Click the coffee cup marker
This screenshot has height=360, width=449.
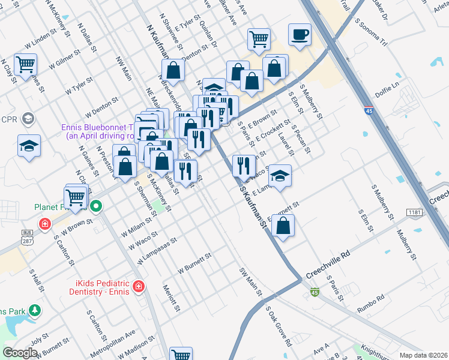[300, 34]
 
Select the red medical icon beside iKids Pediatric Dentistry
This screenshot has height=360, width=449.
[139, 286]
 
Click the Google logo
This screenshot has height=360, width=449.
[20, 352]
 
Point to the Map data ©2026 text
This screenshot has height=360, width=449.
[423, 355]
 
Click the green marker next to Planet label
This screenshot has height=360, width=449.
[95, 208]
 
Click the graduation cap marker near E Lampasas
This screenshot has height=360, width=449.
[279, 176]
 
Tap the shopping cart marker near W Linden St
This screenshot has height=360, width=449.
[26, 64]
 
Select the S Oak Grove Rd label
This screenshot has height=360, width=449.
[279, 326]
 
